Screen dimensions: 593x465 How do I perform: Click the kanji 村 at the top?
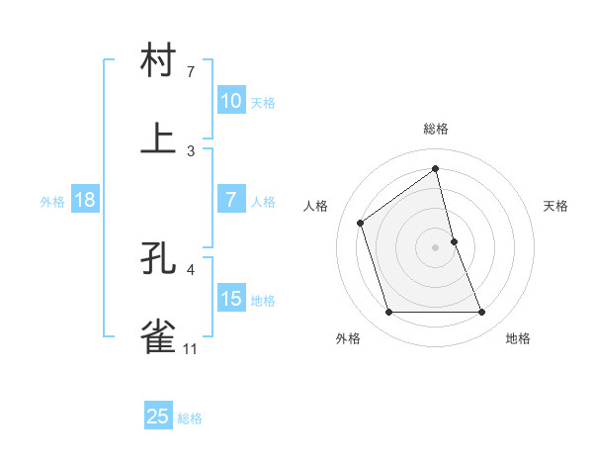pos(159,61)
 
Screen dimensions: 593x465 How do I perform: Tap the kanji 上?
pos(159,139)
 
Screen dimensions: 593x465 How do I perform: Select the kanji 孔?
pos(159,259)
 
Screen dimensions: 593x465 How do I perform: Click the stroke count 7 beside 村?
pos(191,72)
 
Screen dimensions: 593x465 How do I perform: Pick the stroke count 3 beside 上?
pos(191,150)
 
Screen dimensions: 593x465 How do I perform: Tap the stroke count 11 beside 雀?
pos(191,349)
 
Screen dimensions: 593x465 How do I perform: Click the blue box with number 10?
pos(230,100)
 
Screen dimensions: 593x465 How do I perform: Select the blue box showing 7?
pos(230,200)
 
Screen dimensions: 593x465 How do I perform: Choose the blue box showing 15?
pos(230,299)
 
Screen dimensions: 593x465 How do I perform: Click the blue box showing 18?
pos(85,200)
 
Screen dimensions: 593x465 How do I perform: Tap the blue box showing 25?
pos(158,417)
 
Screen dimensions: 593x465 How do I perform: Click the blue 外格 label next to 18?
pos(52,202)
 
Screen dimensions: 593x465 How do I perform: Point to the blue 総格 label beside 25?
pos(190,418)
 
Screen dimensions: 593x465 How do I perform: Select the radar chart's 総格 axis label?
pos(436,130)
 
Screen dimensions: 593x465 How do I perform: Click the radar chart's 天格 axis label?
pos(555,206)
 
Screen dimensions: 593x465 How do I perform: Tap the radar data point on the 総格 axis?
pos(436,168)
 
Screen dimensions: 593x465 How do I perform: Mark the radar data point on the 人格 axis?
pos(361,223)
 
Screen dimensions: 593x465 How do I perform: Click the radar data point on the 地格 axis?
pos(482,313)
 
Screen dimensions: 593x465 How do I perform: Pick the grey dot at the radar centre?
pos(436,247)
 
